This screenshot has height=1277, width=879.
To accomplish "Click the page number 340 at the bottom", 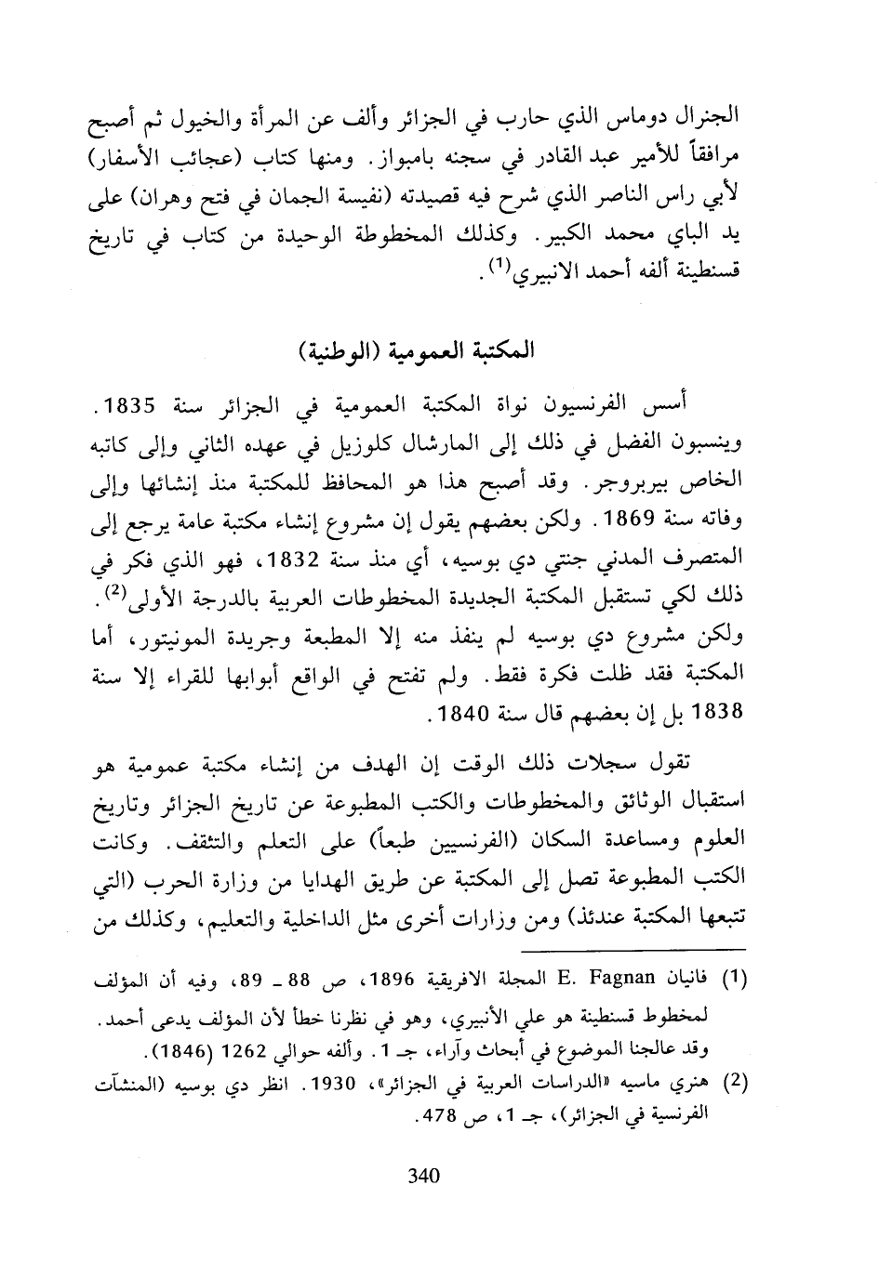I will (x=423, y=1175).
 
